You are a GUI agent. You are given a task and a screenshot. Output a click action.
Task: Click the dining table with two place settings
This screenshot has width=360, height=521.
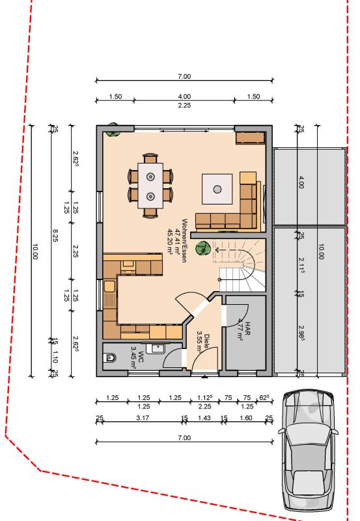[150, 186]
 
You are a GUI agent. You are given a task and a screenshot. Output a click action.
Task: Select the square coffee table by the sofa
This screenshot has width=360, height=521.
[217, 190]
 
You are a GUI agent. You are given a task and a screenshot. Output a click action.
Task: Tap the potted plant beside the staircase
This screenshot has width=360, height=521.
[204, 248]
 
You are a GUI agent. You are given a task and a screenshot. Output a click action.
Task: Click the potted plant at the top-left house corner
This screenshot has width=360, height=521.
[113, 128]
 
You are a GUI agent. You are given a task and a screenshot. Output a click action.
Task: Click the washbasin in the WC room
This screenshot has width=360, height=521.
[155, 348]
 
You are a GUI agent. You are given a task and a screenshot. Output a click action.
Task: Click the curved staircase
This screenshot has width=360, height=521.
[243, 264]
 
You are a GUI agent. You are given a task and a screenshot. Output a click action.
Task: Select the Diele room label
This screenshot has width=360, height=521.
[203, 341]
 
